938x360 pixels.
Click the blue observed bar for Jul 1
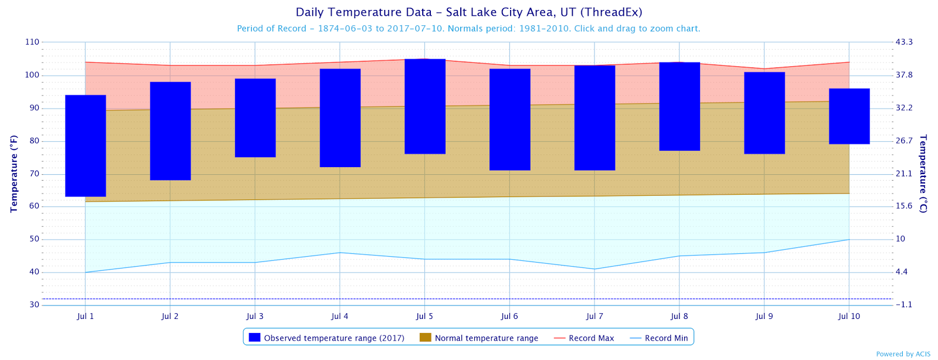(x=86, y=145)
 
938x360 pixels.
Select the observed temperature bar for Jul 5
(x=425, y=106)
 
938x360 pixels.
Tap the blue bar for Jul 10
(x=849, y=116)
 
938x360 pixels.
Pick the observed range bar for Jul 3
(x=255, y=118)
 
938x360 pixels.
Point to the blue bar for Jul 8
(x=679, y=106)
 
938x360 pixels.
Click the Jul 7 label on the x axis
(x=594, y=316)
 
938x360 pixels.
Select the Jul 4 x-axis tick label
(x=339, y=316)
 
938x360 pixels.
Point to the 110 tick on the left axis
(x=32, y=42)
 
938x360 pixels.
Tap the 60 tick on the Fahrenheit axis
(x=34, y=206)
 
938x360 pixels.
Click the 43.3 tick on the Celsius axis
(x=904, y=42)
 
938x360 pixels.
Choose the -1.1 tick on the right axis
(x=903, y=305)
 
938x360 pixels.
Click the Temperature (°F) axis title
(x=14, y=174)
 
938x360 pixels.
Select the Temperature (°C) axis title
(x=923, y=174)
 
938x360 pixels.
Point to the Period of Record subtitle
(x=468, y=28)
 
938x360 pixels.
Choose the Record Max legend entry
(x=584, y=338)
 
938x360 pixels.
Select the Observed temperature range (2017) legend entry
(x=327, y=338)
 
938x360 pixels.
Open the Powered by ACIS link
(x=904, y=354)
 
